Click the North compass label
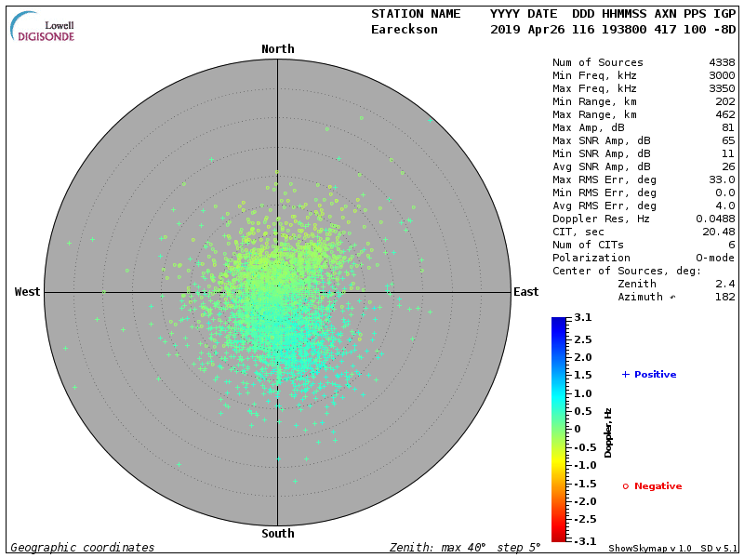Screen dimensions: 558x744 (x=277, y=49)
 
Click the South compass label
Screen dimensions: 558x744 (x=277, y=534)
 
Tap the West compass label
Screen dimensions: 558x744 (x=28, y=292)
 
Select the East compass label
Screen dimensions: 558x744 (x=525, y=292)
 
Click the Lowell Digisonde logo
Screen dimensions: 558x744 (x=44, y=28)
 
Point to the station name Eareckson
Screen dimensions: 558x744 (x=404, y=29)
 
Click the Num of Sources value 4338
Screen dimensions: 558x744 (x=722, y=62)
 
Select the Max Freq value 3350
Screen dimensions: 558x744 (x=722, y=88)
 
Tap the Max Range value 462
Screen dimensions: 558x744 (x=725, y=114)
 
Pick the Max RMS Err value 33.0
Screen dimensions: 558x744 (x=722, y=179)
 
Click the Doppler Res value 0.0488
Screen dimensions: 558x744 (x=715, y=219)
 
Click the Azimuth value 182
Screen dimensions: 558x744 (x=725, y=297)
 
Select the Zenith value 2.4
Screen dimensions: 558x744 (x=725, y=284)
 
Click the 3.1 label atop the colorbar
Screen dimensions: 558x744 (x=583, y=318)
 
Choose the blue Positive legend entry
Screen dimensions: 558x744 (x=649, y=375)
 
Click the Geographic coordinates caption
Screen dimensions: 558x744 (x=83, y=548)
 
